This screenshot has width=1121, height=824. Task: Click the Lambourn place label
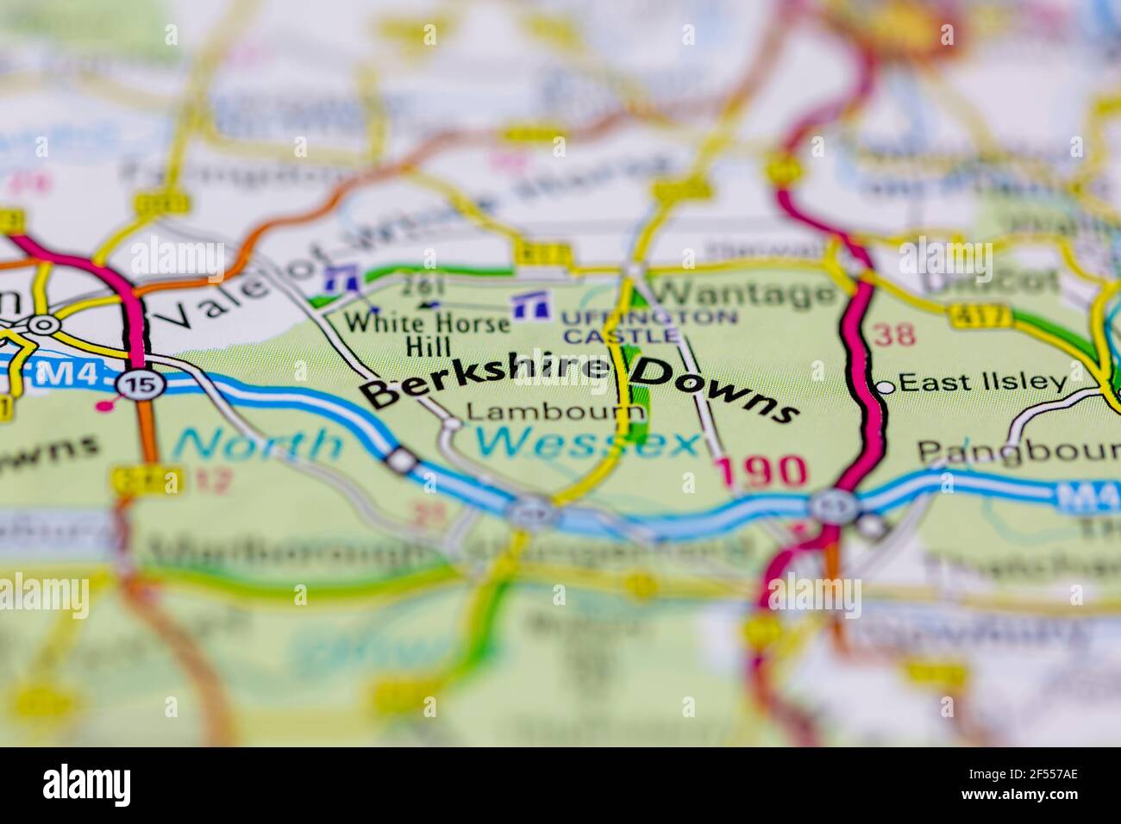coord(554,412)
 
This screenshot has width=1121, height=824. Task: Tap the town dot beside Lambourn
coord(452,423)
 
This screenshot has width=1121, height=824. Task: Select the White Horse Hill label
coord(428,334)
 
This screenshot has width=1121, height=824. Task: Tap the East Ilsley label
coord(984,383)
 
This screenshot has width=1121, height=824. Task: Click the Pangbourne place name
coord(1018,450)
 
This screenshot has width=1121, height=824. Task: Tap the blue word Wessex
coord(586,443)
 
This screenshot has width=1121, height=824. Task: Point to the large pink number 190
coord(761,471)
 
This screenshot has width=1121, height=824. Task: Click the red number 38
coord(894,334)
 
